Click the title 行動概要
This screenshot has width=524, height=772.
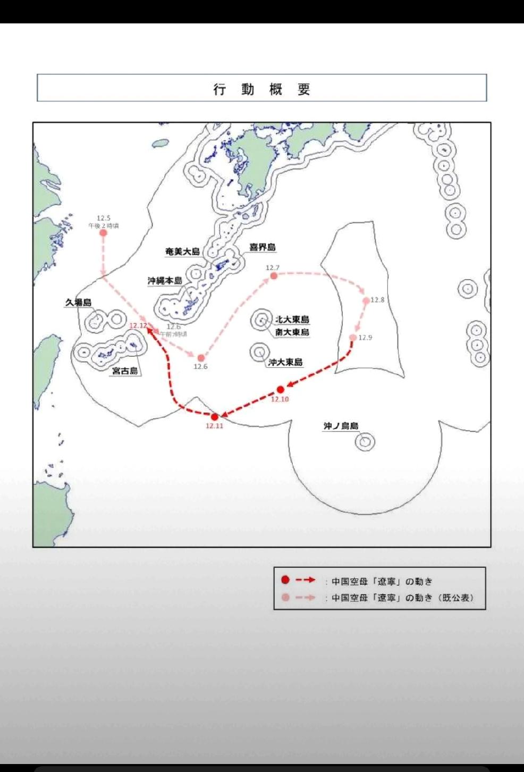coord(261,89)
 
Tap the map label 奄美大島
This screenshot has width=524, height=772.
coord(182,251)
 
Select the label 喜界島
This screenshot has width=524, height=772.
coord(263,247)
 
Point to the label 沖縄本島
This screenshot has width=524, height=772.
coord(165,281)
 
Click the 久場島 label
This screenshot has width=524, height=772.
coord(78,303)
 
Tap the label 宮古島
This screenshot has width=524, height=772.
coord(125,371)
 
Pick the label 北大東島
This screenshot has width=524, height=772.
coord(292,320)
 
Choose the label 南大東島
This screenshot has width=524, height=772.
coord(292,332)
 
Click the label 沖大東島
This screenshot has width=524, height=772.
coord(285,362)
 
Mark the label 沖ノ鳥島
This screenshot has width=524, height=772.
coord(341,426)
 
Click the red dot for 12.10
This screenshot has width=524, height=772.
coord(281,390)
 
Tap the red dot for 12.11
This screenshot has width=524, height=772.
coord(215,417)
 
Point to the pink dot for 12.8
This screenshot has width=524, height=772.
coord(366,301)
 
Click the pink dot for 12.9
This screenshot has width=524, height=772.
coord(353,338)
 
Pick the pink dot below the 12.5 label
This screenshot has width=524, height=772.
coord(104,233)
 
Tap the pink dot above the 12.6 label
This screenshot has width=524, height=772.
coord(201,358)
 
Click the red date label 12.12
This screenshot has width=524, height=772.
coord(138,325)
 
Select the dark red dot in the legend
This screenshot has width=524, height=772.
coord(285,580)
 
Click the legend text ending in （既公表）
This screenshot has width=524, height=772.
coord(402,598)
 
